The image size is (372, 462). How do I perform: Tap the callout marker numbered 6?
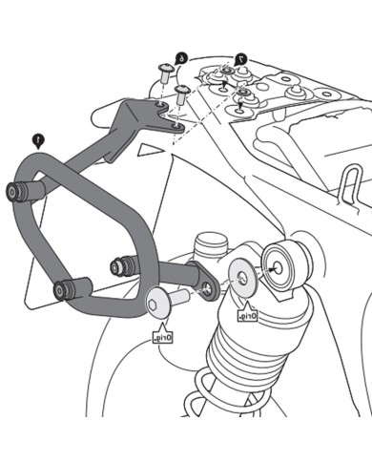(180, 58)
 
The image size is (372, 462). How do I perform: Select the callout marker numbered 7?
(240, 59)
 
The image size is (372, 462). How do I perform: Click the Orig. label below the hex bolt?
(163, 337)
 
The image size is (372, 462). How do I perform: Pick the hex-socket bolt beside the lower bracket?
(157, 304)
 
